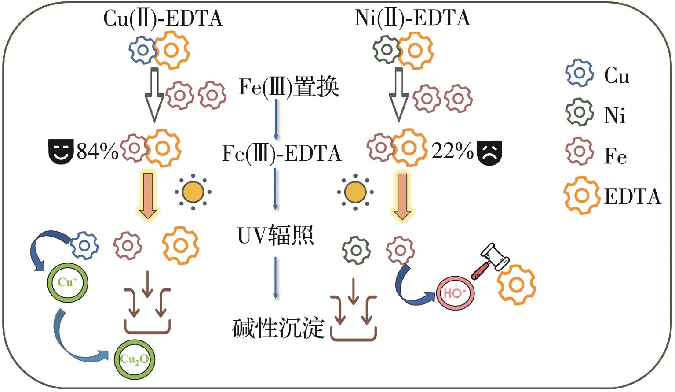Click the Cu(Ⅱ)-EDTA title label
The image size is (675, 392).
point(163,18)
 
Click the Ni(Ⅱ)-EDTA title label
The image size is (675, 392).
point(412,18)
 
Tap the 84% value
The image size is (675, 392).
point(97,151)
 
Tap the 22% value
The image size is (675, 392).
point(452,151)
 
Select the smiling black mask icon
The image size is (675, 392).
point(60,152)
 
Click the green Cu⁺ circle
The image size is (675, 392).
point(67,282)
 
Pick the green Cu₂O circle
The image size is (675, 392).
point(134,359)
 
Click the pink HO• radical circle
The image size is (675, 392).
point(455,293)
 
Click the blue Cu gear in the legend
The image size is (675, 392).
point(579,73)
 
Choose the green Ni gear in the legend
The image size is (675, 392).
point(579,112)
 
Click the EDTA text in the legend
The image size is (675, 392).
point(632,196)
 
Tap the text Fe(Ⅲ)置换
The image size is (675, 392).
point(289,87)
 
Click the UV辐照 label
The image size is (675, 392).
point(276,236)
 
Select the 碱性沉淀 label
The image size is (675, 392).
point(278,328)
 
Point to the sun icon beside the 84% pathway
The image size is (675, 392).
point(193,192)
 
